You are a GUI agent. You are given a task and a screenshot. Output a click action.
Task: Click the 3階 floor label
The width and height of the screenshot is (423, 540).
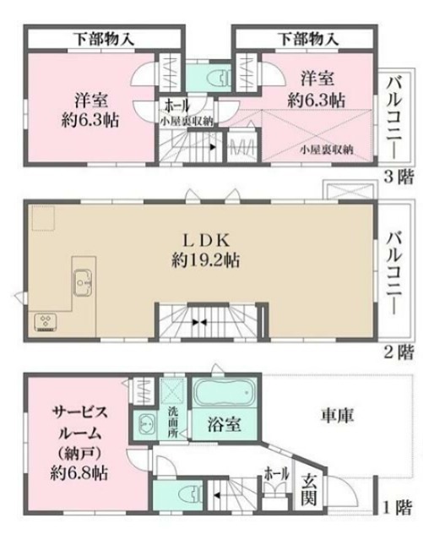coord(399,177)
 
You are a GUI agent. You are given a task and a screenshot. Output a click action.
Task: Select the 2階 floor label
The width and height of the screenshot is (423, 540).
coord(399,349)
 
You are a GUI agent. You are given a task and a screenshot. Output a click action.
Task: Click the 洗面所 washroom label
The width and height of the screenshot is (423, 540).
coord(173,420)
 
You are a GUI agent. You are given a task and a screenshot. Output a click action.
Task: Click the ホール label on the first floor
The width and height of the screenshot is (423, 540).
coord(273,473)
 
